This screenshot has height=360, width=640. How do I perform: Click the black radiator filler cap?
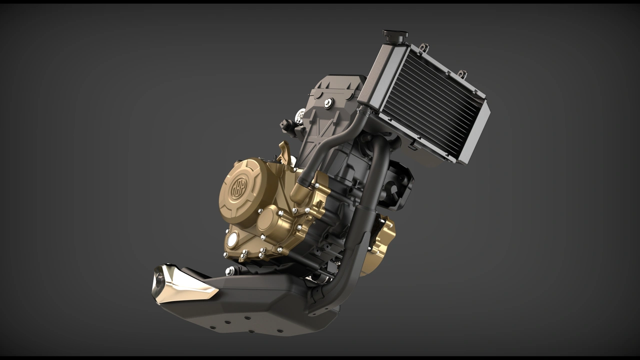395,35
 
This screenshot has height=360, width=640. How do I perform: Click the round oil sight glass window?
232,240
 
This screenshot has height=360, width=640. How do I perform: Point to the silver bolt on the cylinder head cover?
328,103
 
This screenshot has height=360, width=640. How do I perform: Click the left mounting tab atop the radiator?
424,47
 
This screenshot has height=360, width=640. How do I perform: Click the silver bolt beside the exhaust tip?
229,271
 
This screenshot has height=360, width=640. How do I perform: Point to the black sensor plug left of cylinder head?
287,125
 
